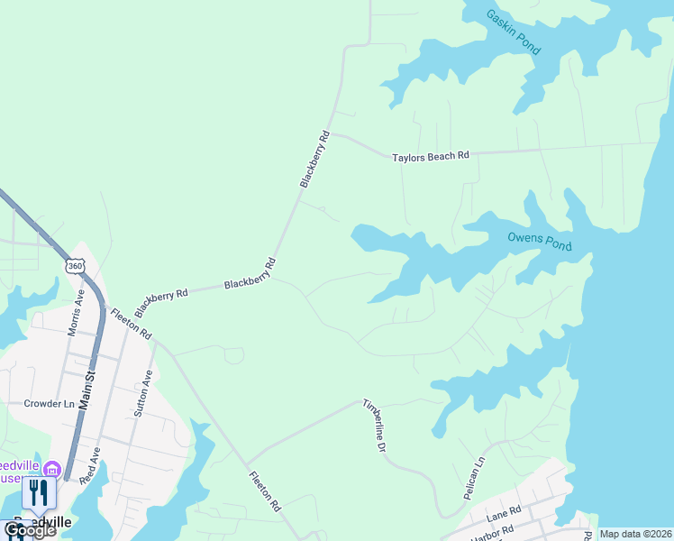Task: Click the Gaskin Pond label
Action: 513,32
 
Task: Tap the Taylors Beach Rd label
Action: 431,157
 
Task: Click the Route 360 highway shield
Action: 76,266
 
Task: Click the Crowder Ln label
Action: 49,404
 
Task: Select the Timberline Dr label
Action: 374,425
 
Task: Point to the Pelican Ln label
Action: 475,472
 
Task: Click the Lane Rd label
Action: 504,514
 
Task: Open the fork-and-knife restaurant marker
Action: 38,492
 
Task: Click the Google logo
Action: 29,530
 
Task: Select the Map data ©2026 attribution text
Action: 635,534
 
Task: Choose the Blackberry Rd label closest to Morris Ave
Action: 163,296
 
